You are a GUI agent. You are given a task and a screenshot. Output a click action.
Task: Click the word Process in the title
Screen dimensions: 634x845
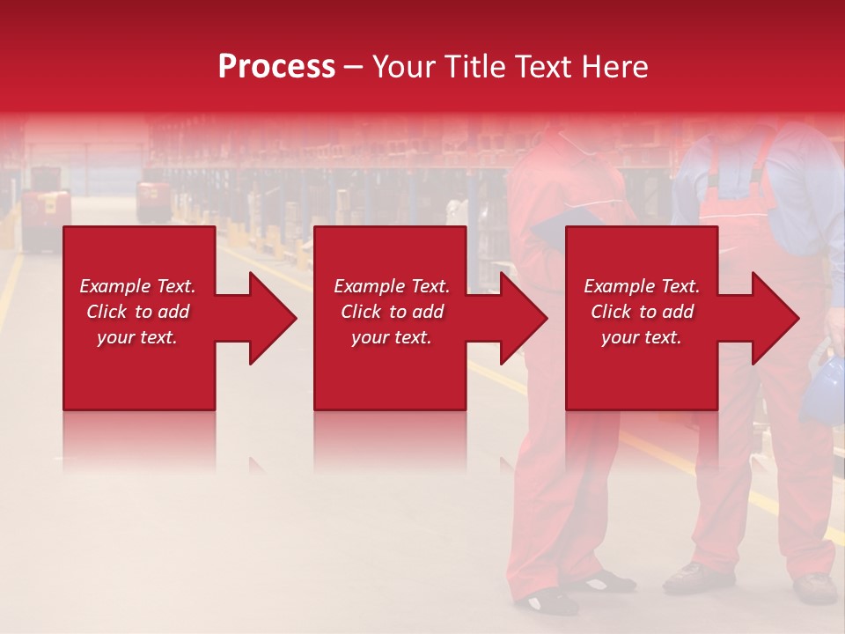[x=276, y=67]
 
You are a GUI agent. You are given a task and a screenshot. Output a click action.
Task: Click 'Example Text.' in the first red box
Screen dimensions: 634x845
[x=137, y=286]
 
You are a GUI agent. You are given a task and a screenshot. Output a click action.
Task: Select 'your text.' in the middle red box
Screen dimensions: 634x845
[x=391, y=337]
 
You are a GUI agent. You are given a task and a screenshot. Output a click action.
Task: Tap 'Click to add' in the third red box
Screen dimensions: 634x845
[x=642, y=312]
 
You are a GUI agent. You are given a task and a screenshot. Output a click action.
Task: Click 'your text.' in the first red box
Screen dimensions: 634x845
[x=137, y=337]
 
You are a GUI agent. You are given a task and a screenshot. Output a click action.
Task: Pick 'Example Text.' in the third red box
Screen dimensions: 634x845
[x=642, y=286]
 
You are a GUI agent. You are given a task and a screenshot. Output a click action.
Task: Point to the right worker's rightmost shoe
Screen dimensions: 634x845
[x=815, y=587]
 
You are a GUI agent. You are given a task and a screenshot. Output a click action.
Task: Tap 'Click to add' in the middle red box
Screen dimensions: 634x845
[x=391, y=312]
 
